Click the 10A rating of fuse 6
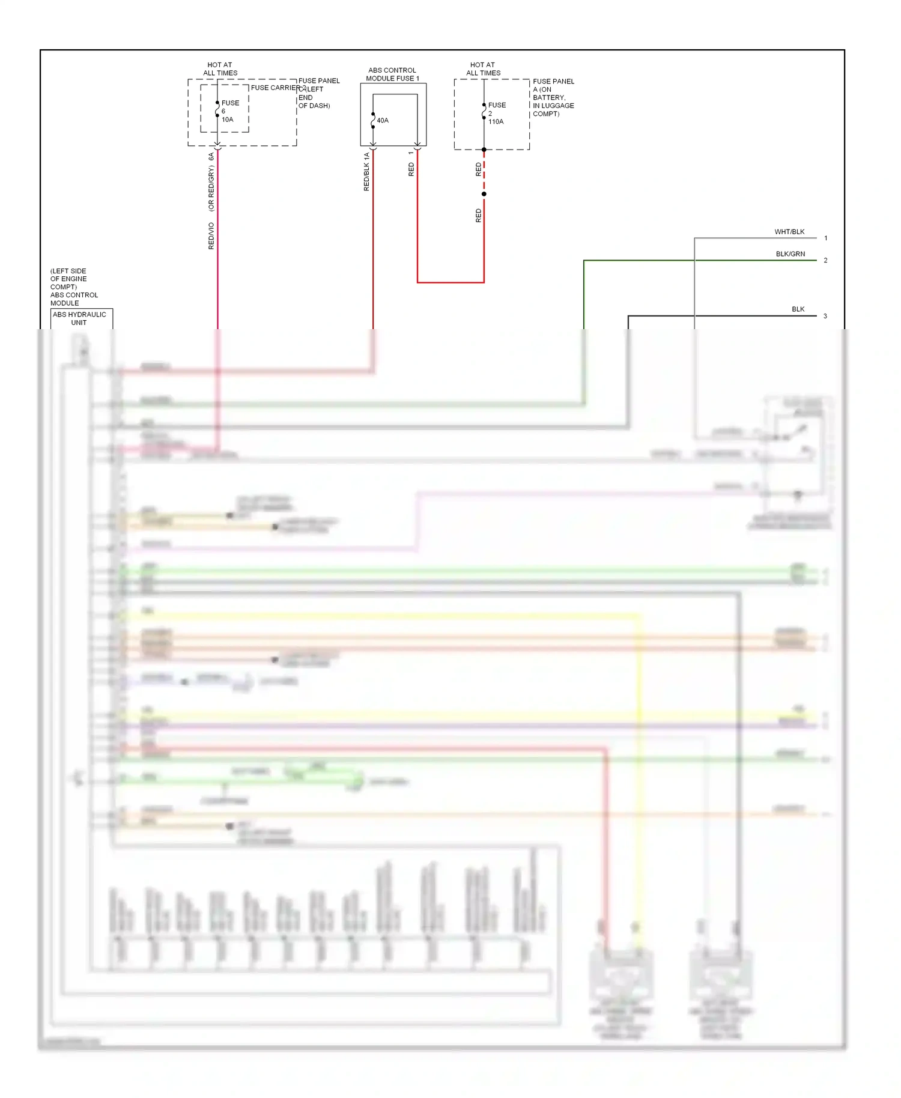point(227,120)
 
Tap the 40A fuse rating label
point(383,121)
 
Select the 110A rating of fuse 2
point(496,122)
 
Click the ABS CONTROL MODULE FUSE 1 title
point(392,74)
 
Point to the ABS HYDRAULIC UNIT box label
point(79,318)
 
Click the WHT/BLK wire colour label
point(789,232)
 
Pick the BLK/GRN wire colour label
point(790,254)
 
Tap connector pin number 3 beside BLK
point(825,316)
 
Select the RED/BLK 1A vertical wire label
point(366,172)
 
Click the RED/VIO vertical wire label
point(211,236)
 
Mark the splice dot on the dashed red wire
point(484,194)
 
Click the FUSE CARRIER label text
point(275,88)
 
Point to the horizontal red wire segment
point(450,282)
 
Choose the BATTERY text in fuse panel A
point(549,97)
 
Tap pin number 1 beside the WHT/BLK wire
point(826,238)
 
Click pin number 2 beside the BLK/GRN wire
point(826,261)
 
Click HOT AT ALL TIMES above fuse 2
point(483,69)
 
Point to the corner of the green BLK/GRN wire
point(584,261)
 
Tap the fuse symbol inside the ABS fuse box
point(373,121)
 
